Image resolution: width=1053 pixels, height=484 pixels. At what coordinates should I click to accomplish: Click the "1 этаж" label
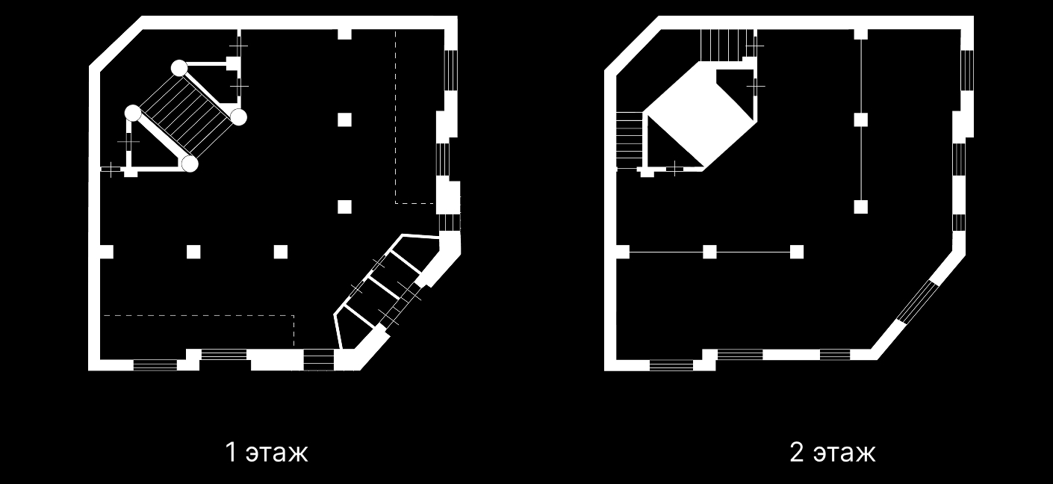point(267,452)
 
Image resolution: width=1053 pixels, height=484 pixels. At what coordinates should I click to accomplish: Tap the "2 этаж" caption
point(833,452)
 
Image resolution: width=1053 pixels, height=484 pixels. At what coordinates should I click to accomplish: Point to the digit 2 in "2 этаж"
point(797,452)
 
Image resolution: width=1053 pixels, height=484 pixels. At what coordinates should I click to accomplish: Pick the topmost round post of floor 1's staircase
point(179,68)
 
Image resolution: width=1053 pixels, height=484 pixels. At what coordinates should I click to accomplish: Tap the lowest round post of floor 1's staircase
point(190,164)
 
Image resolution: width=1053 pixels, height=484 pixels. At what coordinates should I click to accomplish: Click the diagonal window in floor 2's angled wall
point(916,301)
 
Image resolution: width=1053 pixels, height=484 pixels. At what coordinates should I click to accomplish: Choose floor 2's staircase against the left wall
point(630,140)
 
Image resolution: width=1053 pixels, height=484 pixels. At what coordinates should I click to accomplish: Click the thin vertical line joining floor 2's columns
point(861,120)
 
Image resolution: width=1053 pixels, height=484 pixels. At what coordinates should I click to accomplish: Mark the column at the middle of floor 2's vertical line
point(861,120)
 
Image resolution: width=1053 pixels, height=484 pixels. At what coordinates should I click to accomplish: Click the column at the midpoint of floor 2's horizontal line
point(709,252)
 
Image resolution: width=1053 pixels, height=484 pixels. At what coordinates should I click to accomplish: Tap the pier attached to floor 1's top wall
point(344,34)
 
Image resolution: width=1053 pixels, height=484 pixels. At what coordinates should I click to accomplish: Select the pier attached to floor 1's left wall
point(107,252)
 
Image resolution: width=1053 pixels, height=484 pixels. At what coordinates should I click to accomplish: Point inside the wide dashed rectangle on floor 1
point(198,331)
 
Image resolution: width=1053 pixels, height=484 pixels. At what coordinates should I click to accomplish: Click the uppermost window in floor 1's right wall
point(451,70)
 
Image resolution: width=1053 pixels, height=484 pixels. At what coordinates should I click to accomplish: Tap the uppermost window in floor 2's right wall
point(967,70)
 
